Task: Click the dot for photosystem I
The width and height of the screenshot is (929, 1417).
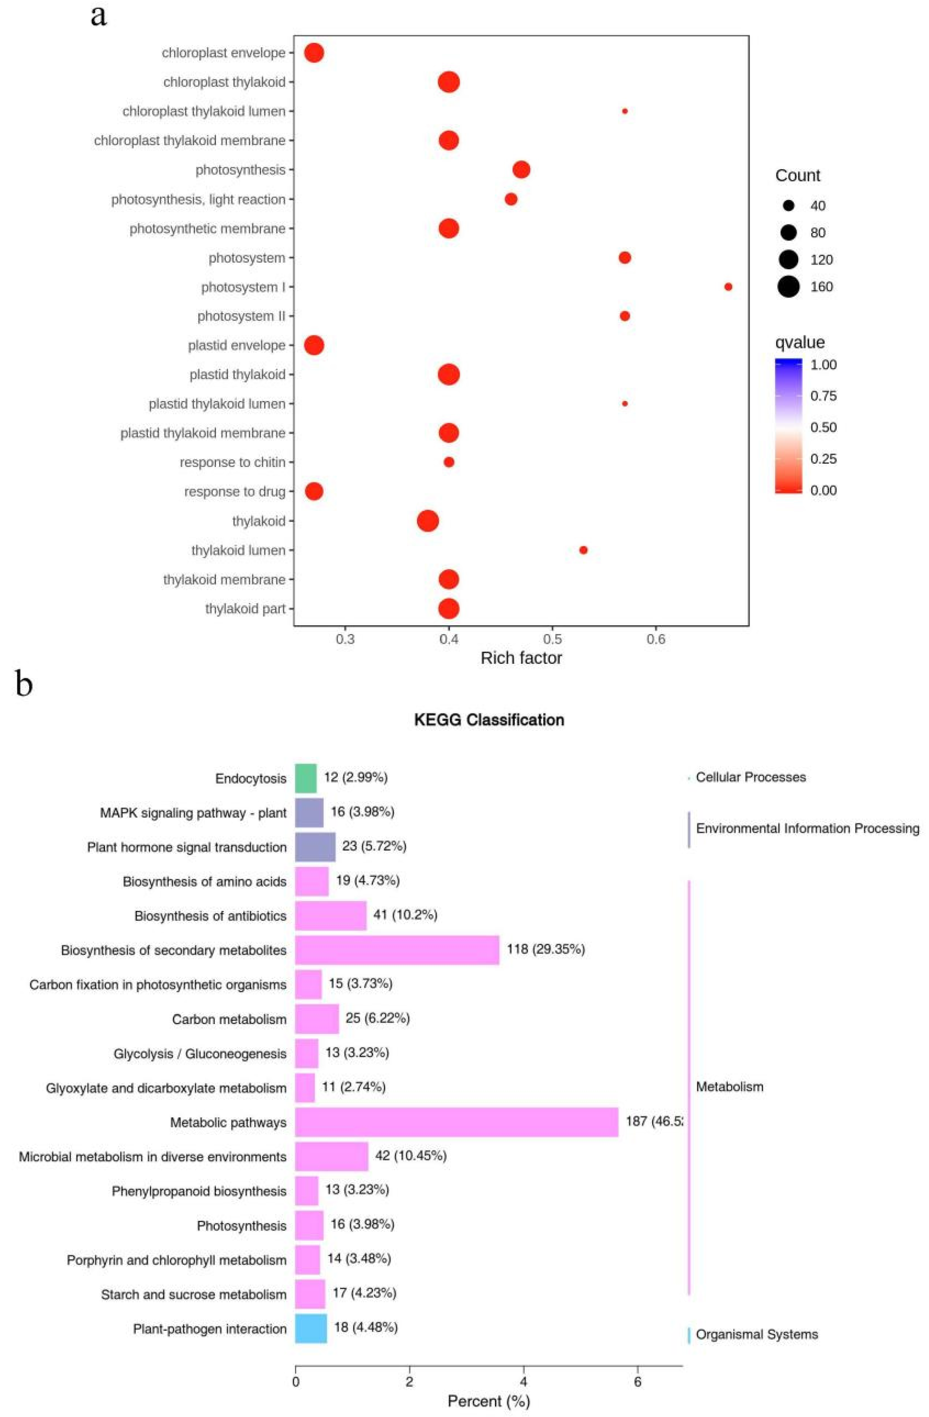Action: (728, 287)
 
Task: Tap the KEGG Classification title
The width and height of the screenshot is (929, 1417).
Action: (489, 720)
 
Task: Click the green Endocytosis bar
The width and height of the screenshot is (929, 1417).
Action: (306, 778)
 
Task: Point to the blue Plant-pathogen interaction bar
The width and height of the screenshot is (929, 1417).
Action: (311, 1329)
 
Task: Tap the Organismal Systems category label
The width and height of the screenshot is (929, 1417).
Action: (756, 1334)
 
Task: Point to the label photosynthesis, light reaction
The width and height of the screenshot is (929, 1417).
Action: (198, 199)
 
